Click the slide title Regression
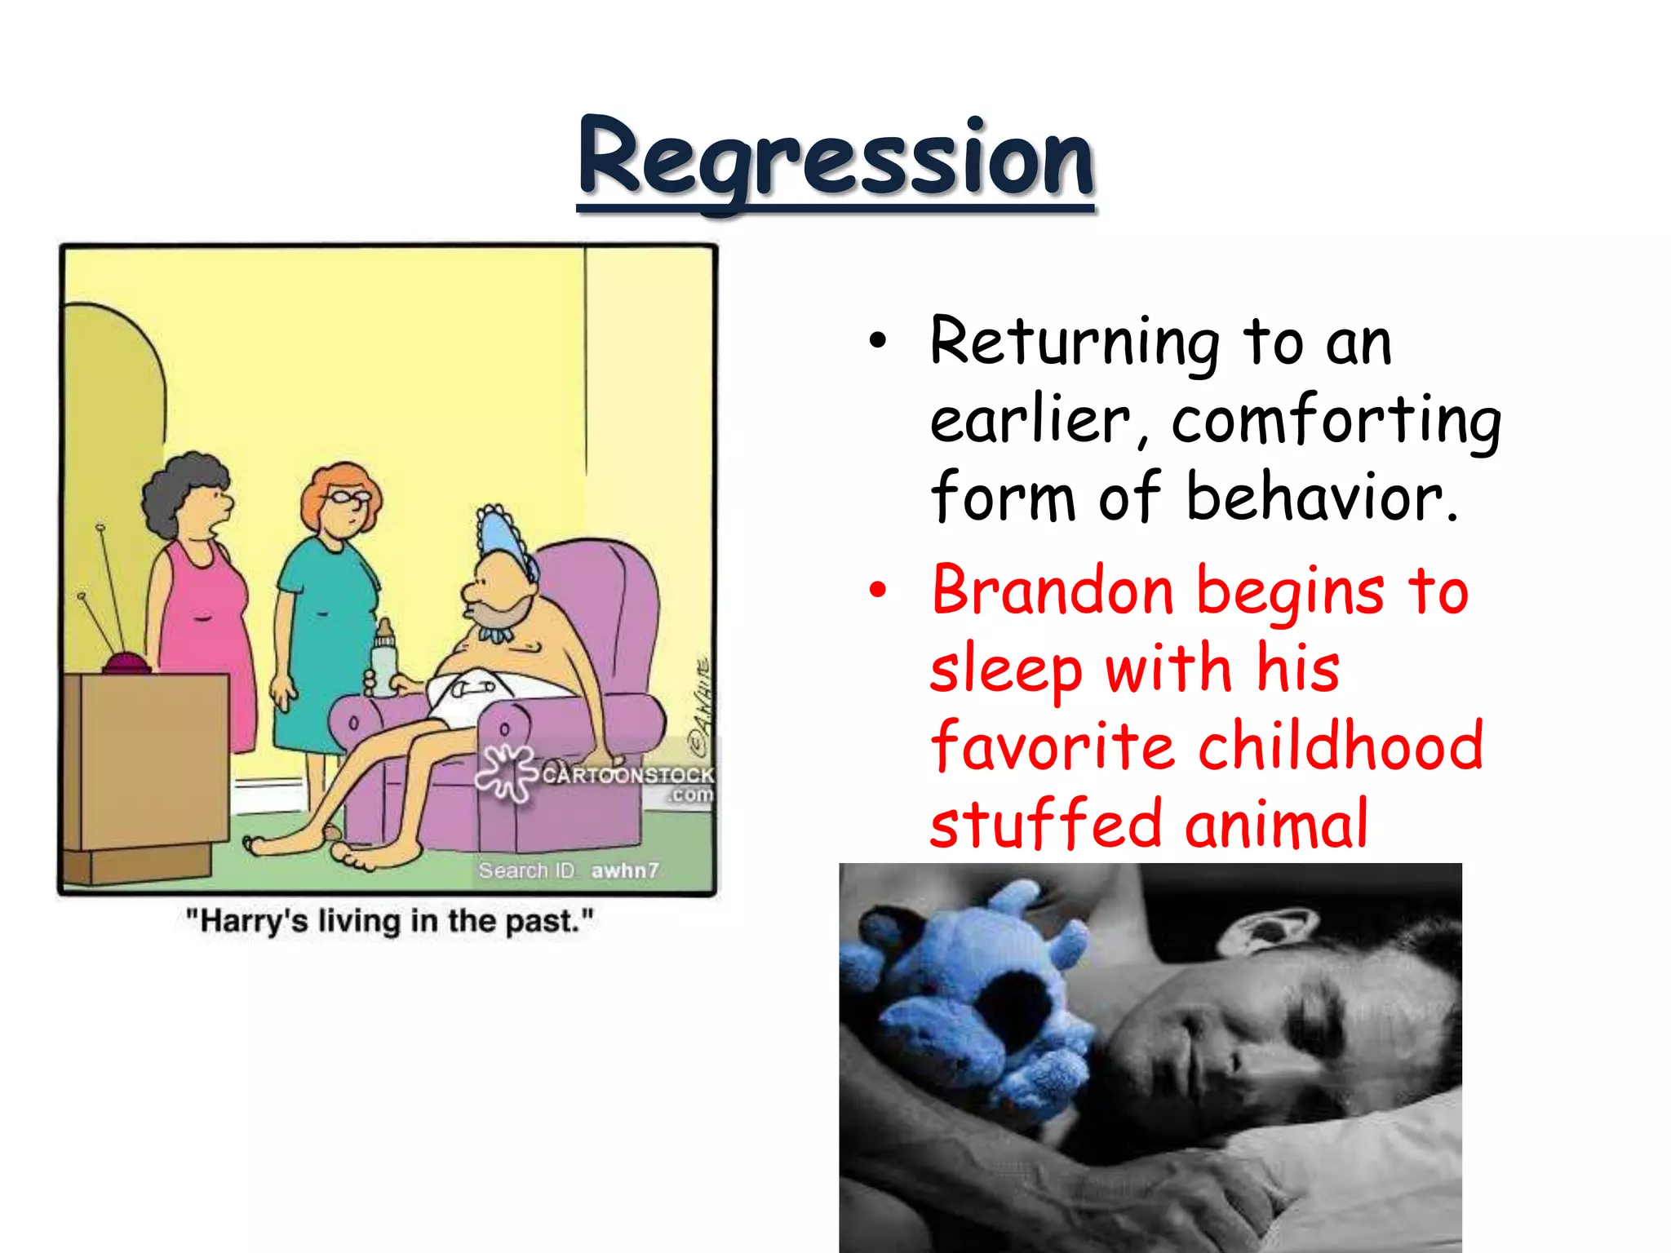coord(835,159)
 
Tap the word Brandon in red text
coord(1053,591)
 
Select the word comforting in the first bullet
coord(1336,421)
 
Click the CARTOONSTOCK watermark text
coord(627,775)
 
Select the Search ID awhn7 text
coord(568,870)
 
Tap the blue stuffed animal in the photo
coord(971,995)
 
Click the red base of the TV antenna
coord(126,663)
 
